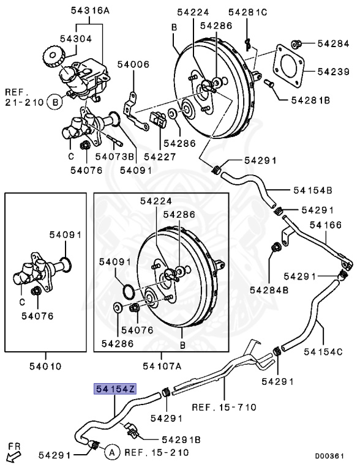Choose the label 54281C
[247, 12]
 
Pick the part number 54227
[159, 157]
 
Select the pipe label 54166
[325, 225]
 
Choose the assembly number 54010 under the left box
[46, 367]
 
